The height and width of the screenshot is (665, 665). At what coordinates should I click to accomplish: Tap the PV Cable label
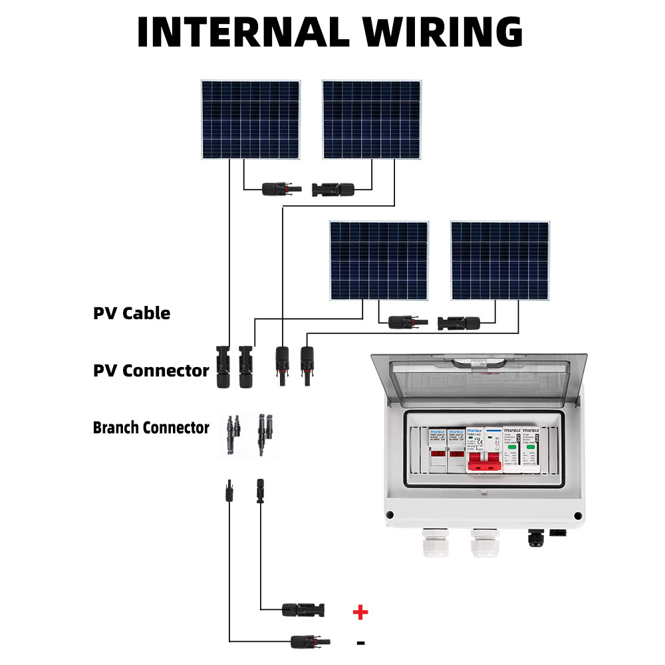[x=132, y=313]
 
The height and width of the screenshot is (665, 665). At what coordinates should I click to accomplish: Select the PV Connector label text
[x=151, y=370]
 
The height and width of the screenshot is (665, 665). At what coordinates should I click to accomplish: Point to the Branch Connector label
[x=151, y=428]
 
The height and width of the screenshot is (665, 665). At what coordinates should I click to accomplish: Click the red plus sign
[x=360, y=612]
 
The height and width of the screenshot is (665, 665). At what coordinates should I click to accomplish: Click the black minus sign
[x=360, y=642]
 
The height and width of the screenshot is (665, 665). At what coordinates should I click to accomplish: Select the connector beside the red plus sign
[x=303, y=608]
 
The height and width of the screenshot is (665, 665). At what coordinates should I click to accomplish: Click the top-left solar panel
[x=251, y=120]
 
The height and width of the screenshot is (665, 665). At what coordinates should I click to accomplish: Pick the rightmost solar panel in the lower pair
[x=500, y=261]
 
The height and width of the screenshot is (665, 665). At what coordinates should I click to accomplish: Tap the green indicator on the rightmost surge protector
[x=531, y=456]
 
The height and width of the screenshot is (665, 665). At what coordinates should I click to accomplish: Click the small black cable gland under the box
[x=535, y=537]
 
